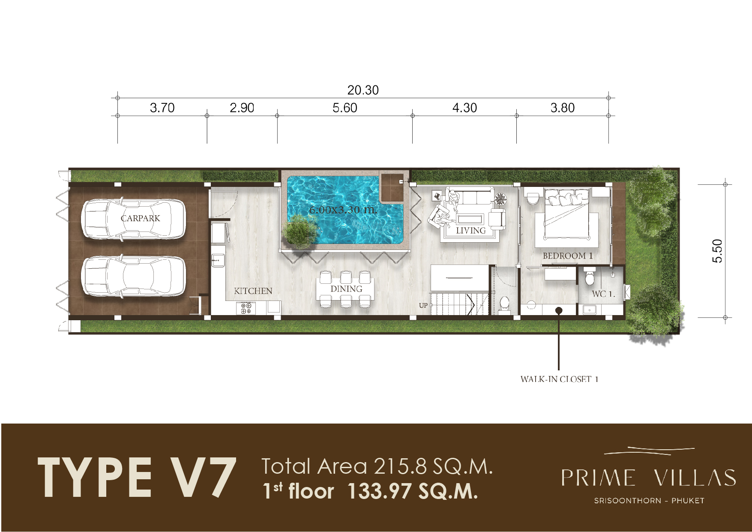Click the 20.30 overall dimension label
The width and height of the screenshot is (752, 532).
pos(363,90)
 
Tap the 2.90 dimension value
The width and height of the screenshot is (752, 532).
pos(242,108)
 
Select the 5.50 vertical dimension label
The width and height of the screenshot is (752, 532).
pos(717,251)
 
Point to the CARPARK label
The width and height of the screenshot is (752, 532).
pos(140,218)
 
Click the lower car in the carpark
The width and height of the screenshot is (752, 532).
pos(134,277)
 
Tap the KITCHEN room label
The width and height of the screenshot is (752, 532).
pos(253,291)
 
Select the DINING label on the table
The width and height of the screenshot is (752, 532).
pos(346,289)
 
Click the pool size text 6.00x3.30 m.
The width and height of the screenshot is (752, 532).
pos(343,210)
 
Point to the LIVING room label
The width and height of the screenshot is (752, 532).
pos(471,231)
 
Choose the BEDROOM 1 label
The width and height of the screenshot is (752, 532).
pos(568,256)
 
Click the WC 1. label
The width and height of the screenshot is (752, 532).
pos(603,294)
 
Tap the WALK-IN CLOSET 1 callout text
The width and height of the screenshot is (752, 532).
pos(559,379)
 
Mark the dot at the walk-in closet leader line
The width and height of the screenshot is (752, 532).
pos(559,310)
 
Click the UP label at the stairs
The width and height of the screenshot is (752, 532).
pos(423,305)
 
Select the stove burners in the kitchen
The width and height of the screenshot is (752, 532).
pos(246,308)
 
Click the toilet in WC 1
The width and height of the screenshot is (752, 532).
pos(590,277)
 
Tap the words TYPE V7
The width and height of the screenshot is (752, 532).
pos(137,477)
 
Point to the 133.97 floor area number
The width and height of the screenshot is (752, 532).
pos(379,491)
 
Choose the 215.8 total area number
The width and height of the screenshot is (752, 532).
pos(401,466)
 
